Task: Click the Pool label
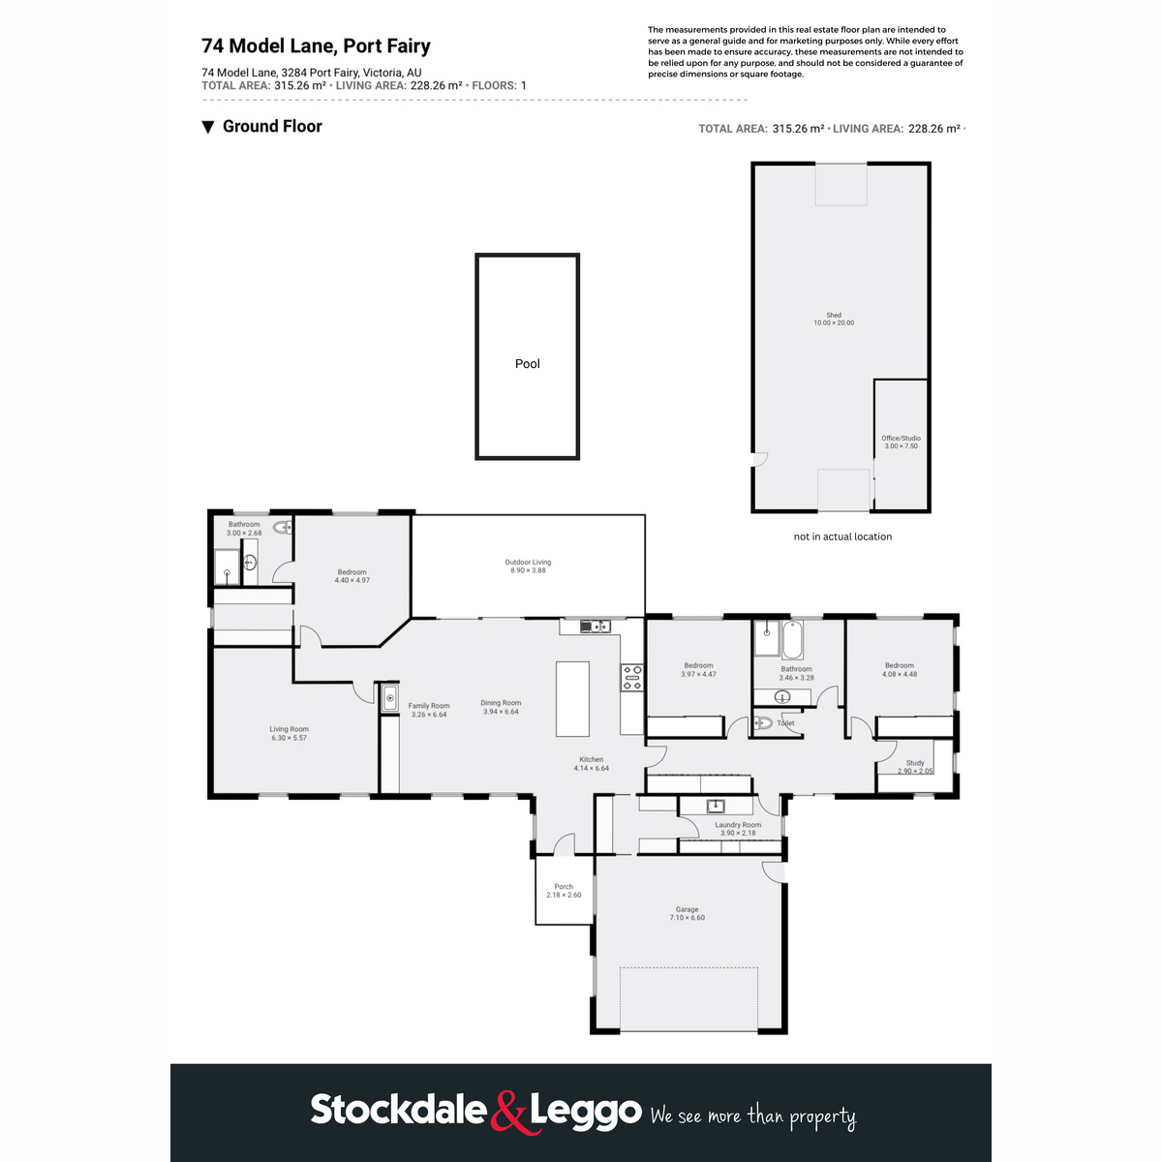[x=527, y=364]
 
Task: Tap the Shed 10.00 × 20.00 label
[x=834, y=319]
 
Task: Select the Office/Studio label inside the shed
[x=901, y=442]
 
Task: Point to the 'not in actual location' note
[x=842, y=536]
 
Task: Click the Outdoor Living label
[x=528, y=566]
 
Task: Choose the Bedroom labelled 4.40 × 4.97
[x=352, y=576]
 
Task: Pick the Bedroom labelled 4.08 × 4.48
[x=900, y=669]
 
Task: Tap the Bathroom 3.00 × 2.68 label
[x=244, y=529]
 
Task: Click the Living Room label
[x=290, y=733]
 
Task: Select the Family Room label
[x=429, y=710]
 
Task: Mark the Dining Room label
[x=501, y=707]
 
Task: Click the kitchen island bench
[x=572, y=698]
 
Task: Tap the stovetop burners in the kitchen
[x=631, y=678]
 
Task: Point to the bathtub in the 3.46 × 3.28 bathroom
[x=793, y=640]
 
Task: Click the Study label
[x=915, y=766]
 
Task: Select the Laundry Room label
[x=738, y=829]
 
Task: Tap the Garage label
[x=687, y=913]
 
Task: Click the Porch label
[x=564, y=891]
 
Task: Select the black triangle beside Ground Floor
[x=207, y=127]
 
